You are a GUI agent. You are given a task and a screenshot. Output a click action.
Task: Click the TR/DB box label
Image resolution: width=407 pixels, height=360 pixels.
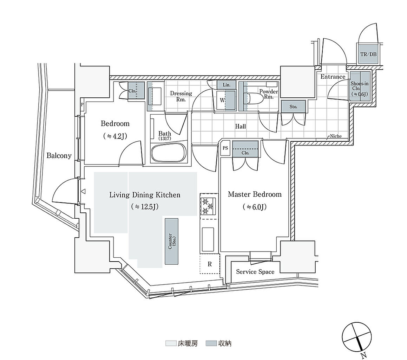[x=368, y=54]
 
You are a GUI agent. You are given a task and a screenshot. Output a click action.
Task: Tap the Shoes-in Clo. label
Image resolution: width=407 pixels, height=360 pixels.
[x=360, y=89]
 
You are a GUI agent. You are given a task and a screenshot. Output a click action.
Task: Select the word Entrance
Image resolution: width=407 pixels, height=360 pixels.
[x=333, y=77]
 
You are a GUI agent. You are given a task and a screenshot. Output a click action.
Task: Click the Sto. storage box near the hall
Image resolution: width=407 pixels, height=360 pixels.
[x=294, y=107]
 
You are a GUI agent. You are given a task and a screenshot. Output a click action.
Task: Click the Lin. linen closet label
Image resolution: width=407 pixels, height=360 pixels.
[x=227, y=85]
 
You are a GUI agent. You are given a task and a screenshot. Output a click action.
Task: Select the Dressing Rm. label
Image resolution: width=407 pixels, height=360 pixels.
[x=181, y=96]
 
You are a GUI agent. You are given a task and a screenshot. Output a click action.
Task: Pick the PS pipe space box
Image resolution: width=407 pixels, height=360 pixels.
[x=225, y=148]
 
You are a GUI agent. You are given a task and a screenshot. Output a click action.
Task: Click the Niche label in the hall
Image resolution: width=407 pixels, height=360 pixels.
[x=336, y=136]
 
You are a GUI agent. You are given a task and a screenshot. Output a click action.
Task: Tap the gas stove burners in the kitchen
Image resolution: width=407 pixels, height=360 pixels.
[x=208, y=206]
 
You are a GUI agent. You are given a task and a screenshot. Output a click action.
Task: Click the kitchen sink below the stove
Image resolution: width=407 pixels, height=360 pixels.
[x=208, y=239]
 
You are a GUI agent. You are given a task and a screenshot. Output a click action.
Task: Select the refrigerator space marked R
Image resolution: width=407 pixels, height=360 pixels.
[x=210, y=264]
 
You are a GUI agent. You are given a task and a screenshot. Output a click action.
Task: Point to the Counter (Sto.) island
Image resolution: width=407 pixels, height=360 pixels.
[x=172, y=241]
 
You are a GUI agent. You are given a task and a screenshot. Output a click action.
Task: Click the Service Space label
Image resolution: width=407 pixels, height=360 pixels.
[x=255, y=272]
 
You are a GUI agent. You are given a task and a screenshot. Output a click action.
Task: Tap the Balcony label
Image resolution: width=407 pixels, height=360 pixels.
[x=59, y=155]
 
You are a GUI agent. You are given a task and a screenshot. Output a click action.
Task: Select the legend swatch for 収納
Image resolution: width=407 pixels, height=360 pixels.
[x=211, y=343]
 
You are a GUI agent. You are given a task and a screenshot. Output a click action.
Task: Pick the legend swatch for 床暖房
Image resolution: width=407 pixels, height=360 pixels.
[x=171, y=343]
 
